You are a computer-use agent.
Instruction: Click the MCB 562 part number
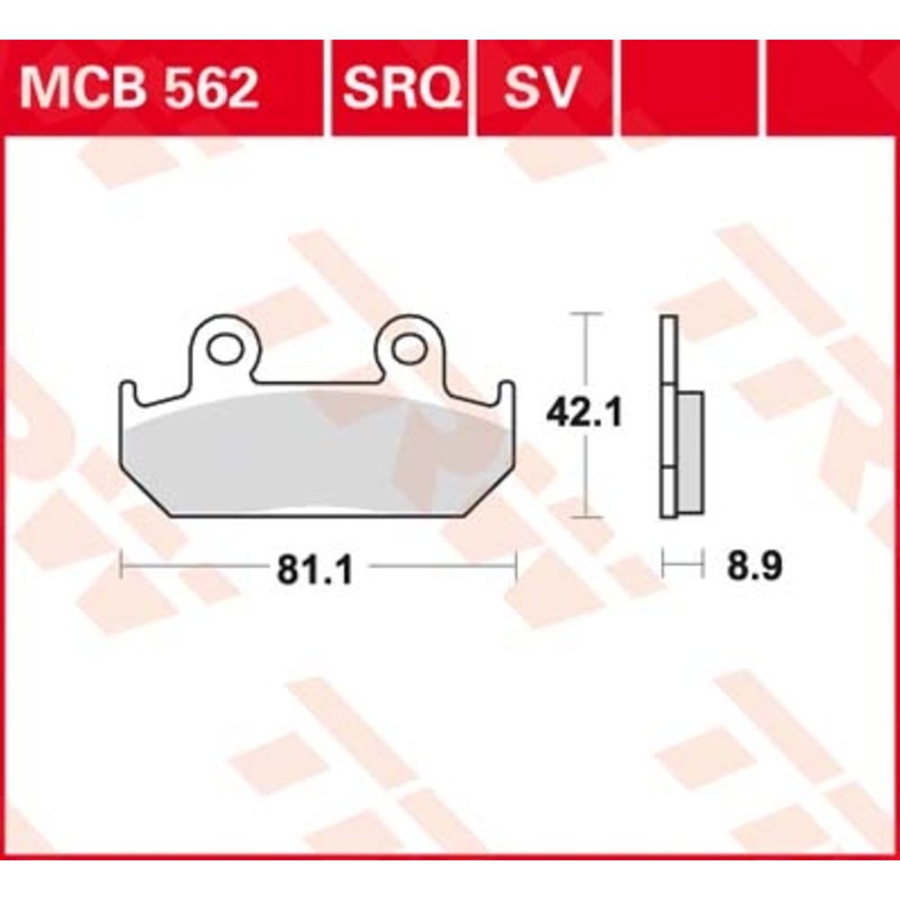(x=139, y=88)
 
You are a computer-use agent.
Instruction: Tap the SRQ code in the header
(x=401, y=88)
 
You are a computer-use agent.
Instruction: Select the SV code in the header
(x=541, y=88)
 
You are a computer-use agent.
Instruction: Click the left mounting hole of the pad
(x=225, y=349)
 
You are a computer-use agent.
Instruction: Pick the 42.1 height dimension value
(x=584, y=413)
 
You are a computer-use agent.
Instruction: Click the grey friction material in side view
(x=690, y=453)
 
